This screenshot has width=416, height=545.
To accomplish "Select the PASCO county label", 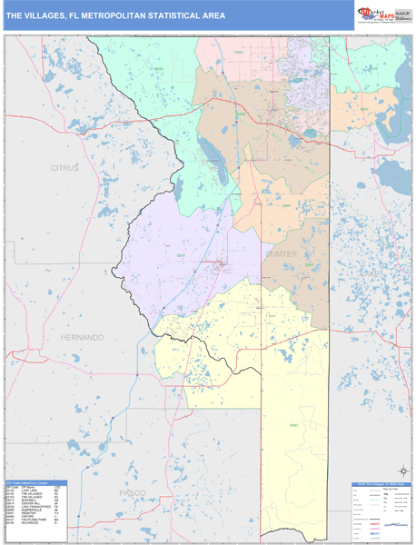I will (x=133, y=491).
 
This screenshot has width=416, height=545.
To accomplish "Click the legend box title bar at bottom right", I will (x=380, y=486).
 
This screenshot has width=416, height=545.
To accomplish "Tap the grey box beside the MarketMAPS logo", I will (x=401, y=14).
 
